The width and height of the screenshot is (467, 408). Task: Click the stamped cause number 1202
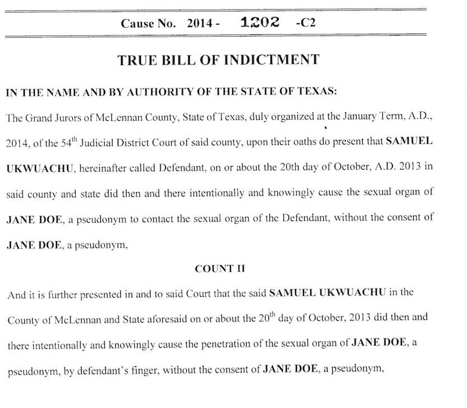(260, 22)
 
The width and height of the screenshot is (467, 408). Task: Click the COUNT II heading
(214, 269)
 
